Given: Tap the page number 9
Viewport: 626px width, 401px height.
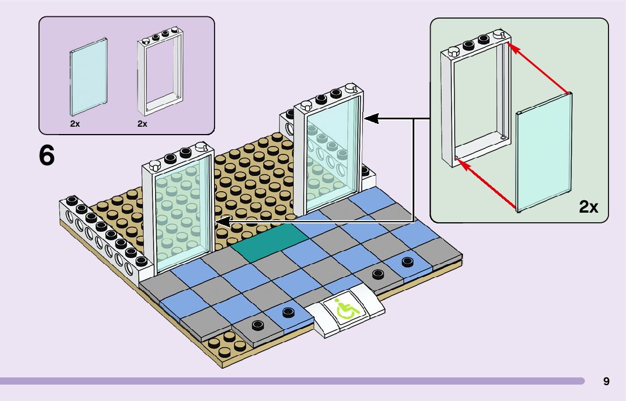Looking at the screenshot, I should tap(606, 381).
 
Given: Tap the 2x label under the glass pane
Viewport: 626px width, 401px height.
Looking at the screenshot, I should tap(75, 123).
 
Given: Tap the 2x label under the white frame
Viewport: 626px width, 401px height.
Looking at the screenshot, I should tap(142, 123).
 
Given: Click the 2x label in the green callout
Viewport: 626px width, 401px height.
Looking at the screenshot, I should tap(588, 207).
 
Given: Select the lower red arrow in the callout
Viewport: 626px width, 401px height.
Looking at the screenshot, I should tap(487, 185).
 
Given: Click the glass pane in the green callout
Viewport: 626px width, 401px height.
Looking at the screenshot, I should tap(544, 153).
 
